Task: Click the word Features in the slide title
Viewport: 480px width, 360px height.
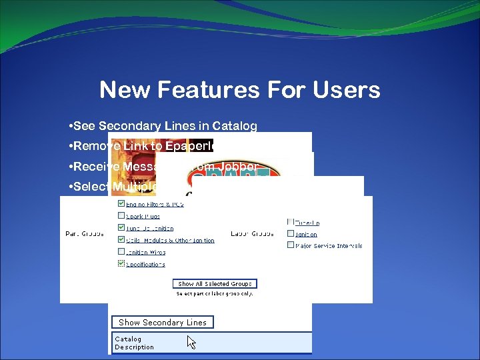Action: (211, 89)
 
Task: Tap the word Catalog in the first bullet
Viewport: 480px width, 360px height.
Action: (235, 126)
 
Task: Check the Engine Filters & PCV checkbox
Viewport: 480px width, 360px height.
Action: (121, 203)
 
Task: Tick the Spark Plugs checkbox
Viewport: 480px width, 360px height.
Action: (121, 215)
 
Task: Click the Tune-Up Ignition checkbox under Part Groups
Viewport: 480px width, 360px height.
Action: (121, 228)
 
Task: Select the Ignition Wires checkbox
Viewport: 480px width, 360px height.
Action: (121, 252)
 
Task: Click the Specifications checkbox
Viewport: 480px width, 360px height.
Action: (121, 264)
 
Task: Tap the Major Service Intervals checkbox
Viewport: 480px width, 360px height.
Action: (291, 245)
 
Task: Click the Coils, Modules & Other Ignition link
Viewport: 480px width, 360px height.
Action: (170, 240)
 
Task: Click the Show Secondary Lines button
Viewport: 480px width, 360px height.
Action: (163, 322)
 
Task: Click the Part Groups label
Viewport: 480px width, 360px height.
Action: (84, 233)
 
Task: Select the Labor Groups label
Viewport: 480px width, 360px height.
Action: (252, 233)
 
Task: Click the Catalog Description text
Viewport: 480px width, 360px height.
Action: (134, 343)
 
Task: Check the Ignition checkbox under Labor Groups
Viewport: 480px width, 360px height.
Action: (291, 233)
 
